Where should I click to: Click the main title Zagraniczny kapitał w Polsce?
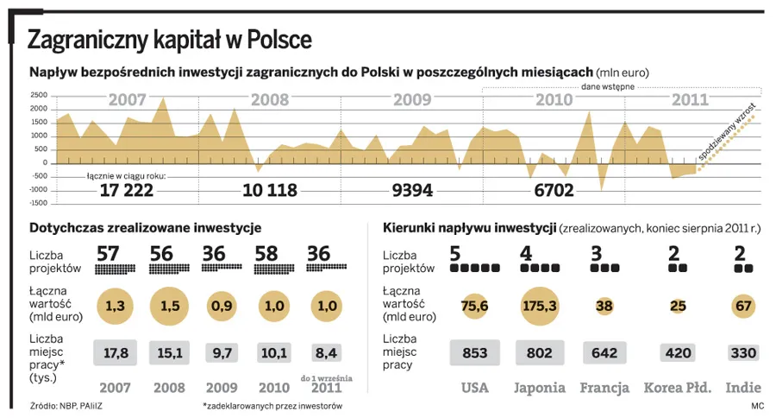(x=170, y=40)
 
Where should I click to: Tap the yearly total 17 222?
(x=126, y=190)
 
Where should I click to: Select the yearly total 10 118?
(x=270, y=190)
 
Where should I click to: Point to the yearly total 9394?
(x=411, y=190)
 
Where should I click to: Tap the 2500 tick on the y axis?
(x=39, y=95)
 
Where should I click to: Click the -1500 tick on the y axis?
(x=37, y=204)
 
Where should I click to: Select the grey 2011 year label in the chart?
(x=690, y=100)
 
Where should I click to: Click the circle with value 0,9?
(x=222, y=306)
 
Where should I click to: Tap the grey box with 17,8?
(x=117, y=352)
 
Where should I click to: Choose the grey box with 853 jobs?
(x=475, y=352)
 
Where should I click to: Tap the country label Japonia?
(x=540, y=387)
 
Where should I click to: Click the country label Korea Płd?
(x=678, y=387)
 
